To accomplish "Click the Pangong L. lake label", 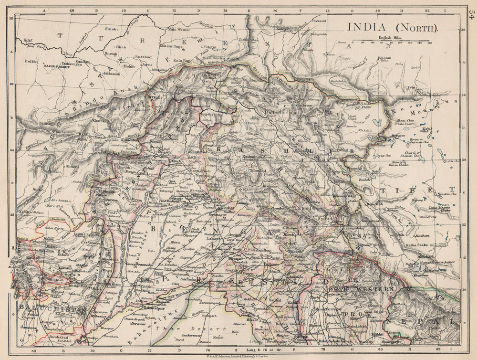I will pos(353,168).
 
